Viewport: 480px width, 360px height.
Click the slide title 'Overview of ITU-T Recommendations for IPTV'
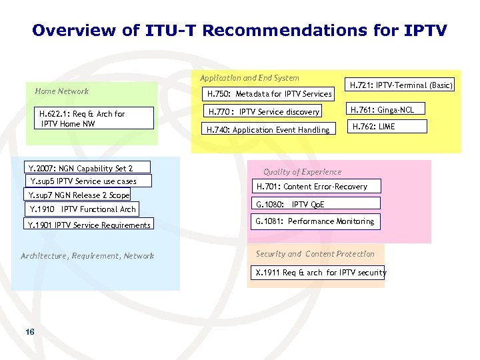click(x=239, y=31)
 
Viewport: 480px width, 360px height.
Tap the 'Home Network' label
click(x=61, y=91)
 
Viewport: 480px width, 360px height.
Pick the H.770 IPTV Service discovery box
click(x=264, y=111)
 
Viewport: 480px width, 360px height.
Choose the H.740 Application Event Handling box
click(x=268, y=129)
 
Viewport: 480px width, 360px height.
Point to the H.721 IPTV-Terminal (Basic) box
click(x=401, y=85)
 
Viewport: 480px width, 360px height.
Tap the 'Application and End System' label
click(x=249, y=78)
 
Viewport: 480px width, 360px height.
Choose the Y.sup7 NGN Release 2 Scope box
click(x=78, y=195)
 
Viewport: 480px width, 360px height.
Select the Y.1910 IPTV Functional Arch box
click(x=82, y=209)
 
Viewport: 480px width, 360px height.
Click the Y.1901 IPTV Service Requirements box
click(x=89, y=225)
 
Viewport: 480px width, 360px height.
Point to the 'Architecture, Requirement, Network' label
click(x=87, y=256)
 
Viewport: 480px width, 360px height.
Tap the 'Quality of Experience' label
click(x=302, y=172)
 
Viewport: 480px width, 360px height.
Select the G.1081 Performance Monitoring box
click(x=315, y=221)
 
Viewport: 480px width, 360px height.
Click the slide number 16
click(x=29, y=332)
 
